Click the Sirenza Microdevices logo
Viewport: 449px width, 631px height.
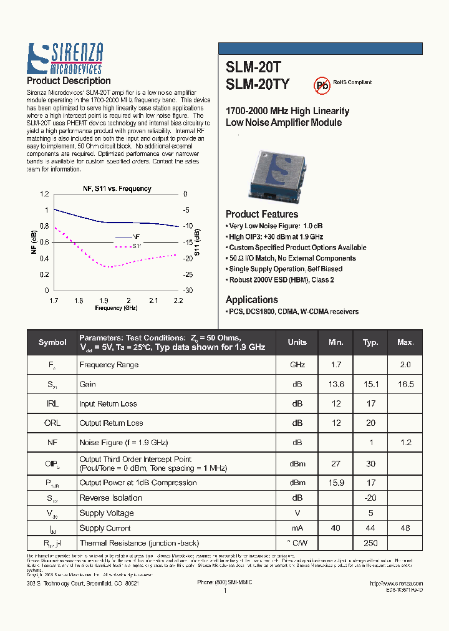65,59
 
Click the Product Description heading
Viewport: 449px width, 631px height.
69,81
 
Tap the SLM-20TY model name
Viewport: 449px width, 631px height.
258,84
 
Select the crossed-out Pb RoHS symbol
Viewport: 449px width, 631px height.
321,85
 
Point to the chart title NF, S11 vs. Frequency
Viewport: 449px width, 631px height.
117,188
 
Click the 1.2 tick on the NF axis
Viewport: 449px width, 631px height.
43,194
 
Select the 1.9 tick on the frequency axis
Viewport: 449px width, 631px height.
104,301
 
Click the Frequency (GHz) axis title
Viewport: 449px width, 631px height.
116,308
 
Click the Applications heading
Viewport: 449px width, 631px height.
251,300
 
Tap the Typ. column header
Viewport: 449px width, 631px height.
370,342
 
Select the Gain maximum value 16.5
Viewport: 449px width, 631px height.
405,385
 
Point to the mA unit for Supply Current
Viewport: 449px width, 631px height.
297,528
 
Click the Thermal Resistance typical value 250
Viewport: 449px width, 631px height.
370,543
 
